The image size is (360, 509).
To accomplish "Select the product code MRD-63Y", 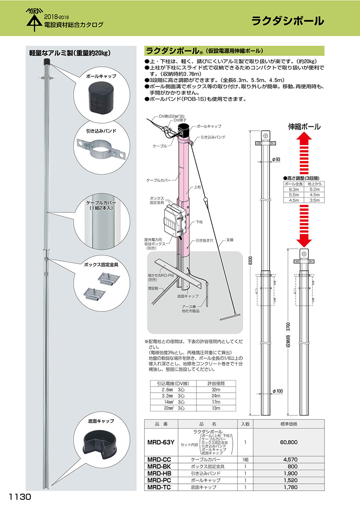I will tap(161, 442).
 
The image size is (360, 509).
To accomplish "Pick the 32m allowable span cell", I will tap(216, 389).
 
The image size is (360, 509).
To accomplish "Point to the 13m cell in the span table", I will tap(216, 408).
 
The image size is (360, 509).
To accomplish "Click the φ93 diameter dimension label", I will tap(276, 160).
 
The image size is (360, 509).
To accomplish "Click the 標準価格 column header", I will tap(289, 424).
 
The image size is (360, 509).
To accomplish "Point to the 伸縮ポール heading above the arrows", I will tap(304, 127).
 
